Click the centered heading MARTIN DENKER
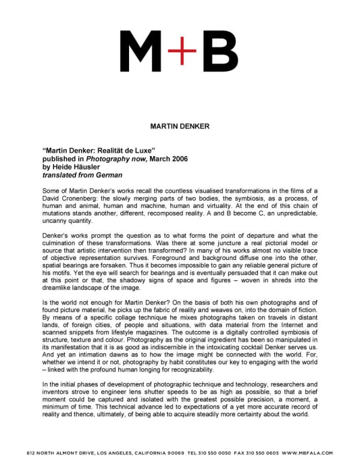[x=179, y=126]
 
